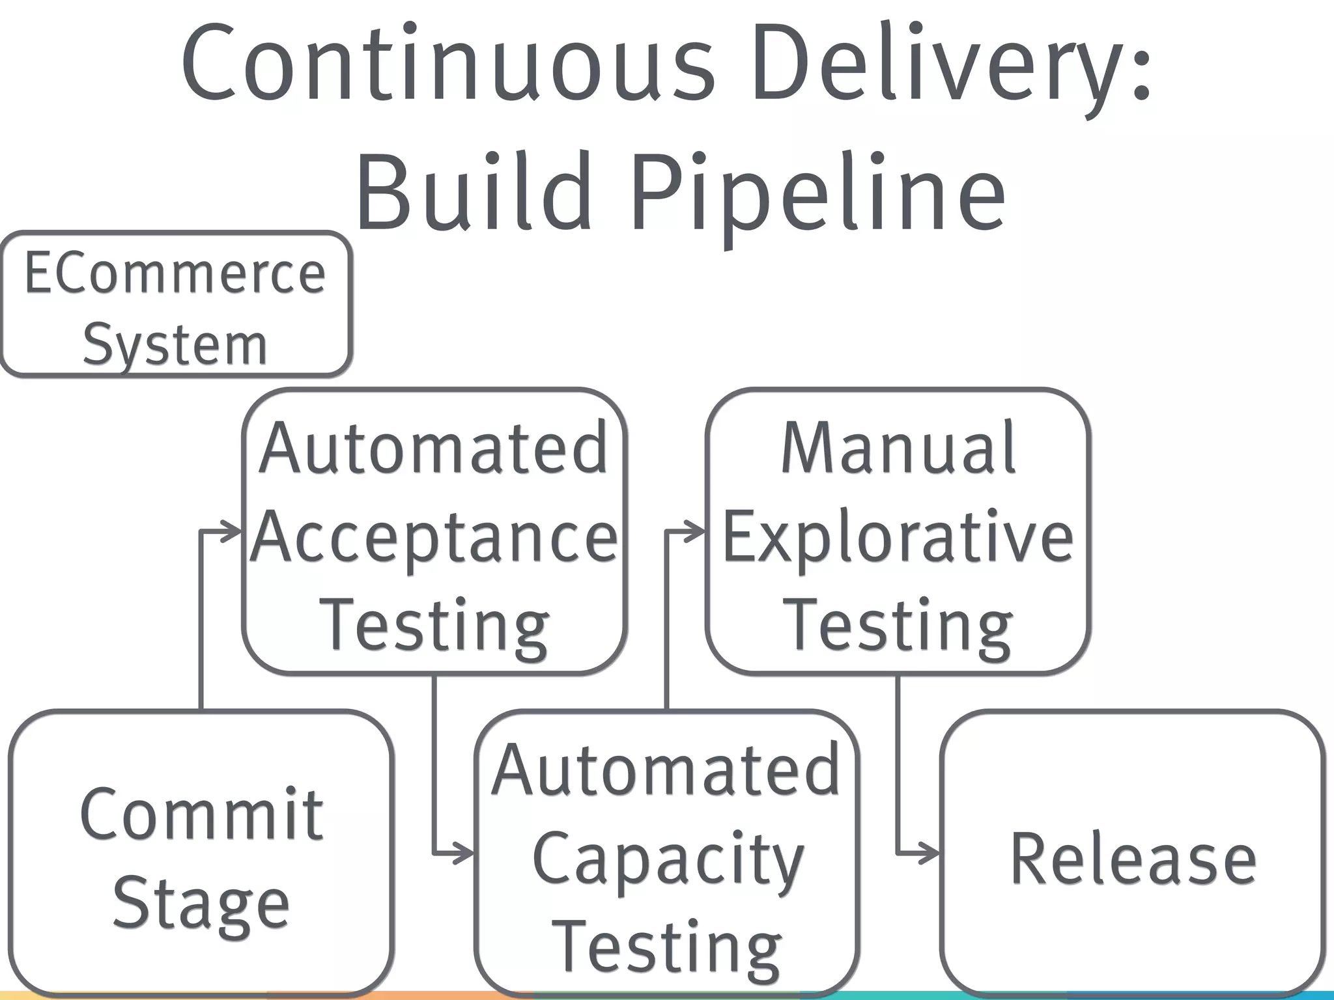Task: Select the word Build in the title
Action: tap(473, 192)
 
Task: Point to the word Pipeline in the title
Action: tap(817, 192)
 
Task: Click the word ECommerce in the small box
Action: tap(175, 273)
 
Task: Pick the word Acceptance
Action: tap(434, 538)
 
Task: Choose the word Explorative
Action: tap(898, 538)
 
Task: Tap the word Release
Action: tap(1133, 859)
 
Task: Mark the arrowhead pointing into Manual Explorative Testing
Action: tap(696, 532)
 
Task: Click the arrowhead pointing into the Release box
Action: tap(930, 853)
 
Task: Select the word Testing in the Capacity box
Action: tap(668, 948)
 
